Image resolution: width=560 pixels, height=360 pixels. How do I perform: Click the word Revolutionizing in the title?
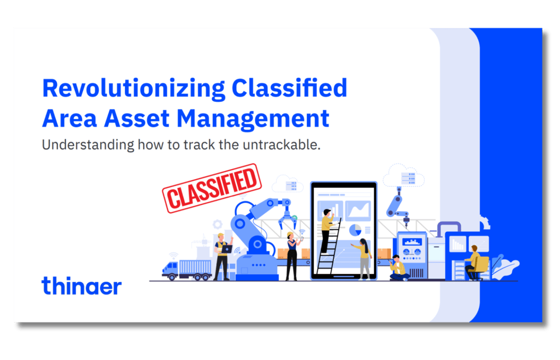tap(133, 89)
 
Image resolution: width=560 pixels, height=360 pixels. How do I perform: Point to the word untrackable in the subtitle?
tap(283, 145)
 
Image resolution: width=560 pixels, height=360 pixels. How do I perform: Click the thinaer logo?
tap(81, 286)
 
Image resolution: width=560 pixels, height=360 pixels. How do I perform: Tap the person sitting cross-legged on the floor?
tap(398, 268)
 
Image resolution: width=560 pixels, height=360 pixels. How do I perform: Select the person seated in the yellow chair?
tap(474, 261)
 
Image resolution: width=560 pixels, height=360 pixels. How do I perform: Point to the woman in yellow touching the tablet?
tap(363, 258)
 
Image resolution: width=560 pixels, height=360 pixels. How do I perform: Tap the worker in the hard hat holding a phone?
tap(292, 255)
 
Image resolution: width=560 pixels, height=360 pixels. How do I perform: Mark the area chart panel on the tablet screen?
tap(358, 210)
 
